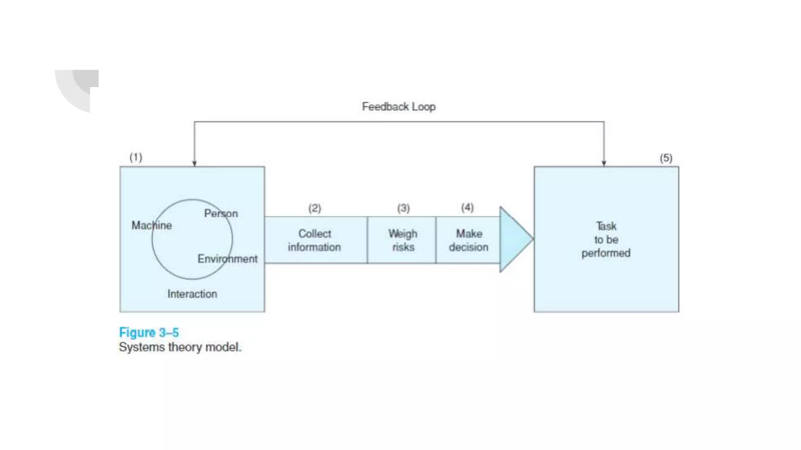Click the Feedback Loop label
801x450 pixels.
[x=399, y=107]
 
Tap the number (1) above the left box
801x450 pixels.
[x=136, y=157]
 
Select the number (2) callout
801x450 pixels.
[x=314, y=208]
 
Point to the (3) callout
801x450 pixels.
[x=403, y=208]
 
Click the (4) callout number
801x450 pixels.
[x=467, y=207]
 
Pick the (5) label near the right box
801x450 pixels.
[x=666, y=158]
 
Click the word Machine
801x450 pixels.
[x=151, y=225]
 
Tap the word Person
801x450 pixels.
[x=221, y=213]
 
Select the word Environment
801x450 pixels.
[x=227, y=259]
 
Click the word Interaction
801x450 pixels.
[x=192, y=294]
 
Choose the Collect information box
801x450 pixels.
[x=314, y=240]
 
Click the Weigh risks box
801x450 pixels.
[x=402, y=240]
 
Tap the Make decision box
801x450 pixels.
[x=468, y=240]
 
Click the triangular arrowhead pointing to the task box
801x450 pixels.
[x=514, y=239]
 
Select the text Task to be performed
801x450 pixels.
[x=606, y=239]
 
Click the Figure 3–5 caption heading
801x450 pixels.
[x=149, y=332]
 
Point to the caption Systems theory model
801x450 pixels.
[x=180, y=347]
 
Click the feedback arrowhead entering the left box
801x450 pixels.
[x=194, y=163]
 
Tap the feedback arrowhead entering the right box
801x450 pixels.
[x=604, y=163]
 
